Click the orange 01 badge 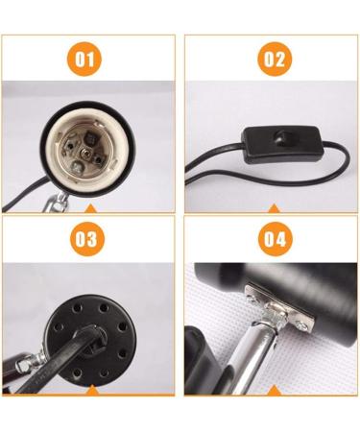point(87,60)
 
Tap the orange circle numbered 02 point(274,60)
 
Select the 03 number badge point(87,239)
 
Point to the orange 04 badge point(274,239)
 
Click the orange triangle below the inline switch point(274,208)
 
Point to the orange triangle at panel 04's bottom point(274,390)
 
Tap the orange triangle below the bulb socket point(87,208)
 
